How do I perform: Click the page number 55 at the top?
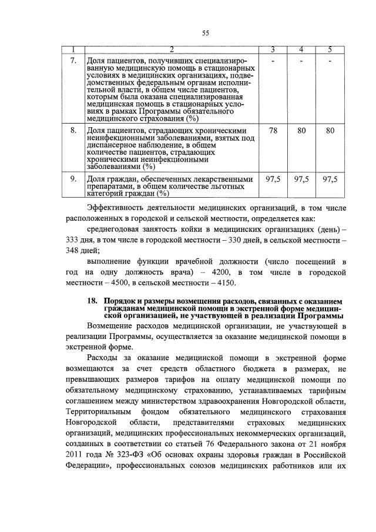[x=205, y=33]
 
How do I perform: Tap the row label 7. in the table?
[x=73, y=61]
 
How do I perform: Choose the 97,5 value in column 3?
[x=273, y=179]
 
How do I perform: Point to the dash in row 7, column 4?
[x=301, y=61]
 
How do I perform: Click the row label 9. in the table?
[x=73, y=179]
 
